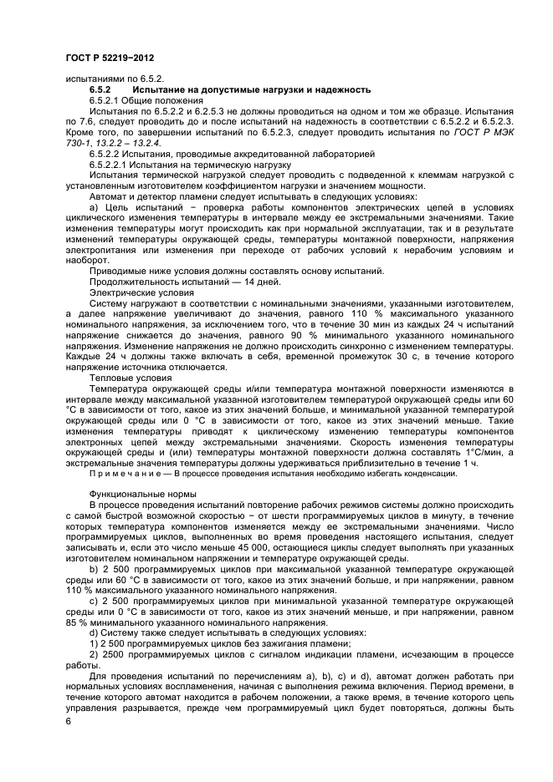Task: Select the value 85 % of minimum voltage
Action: (75, 623)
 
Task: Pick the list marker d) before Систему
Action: (94, 634)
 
